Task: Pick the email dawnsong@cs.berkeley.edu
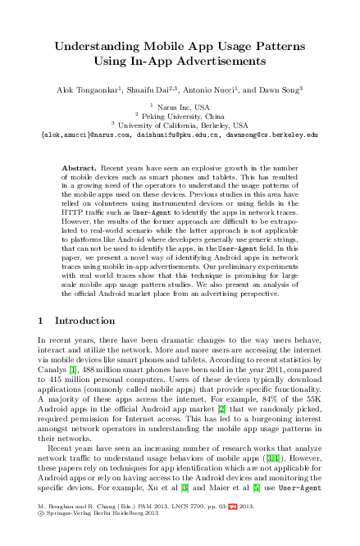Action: point(276,134)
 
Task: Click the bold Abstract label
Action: point(79,167)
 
